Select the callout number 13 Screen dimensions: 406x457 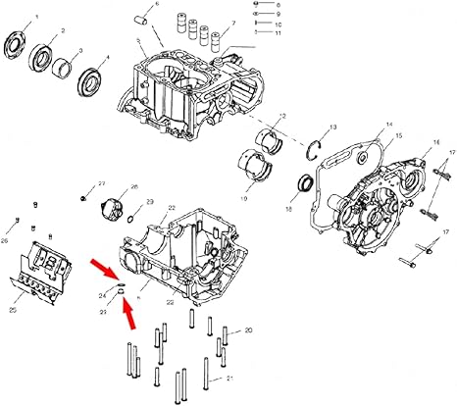coord(332,127)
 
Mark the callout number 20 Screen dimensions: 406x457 coord(248,331)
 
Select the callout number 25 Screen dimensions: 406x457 coord(12,311)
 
